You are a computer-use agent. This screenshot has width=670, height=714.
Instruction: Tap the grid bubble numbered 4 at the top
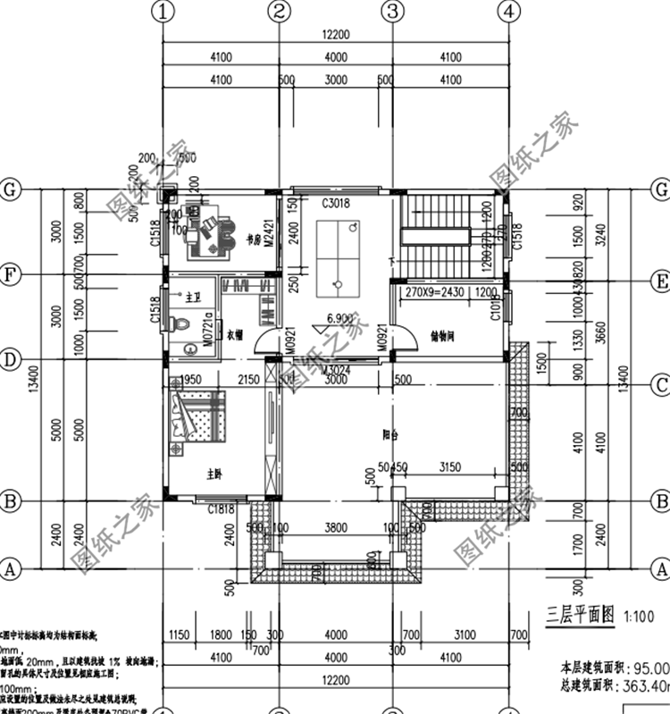coord(508,12)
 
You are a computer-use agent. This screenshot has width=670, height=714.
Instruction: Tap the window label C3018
coord(336,204)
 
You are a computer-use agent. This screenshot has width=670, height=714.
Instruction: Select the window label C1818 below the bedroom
coord(221,510)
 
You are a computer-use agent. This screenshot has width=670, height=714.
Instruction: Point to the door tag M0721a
coord(207,328)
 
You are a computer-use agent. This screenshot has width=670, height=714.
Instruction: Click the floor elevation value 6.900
coord(338,318)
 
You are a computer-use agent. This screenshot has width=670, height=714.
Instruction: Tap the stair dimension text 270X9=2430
coord(434,291)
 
